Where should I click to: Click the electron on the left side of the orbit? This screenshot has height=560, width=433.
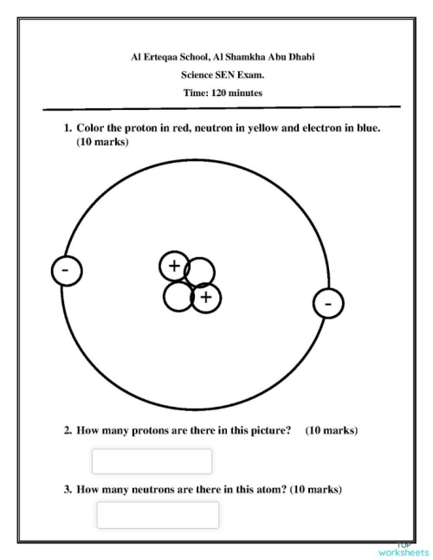coord(66,270)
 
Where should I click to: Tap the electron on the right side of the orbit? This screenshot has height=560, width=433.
coord(327,304)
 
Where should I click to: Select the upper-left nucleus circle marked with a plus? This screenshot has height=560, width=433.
coord(174,266)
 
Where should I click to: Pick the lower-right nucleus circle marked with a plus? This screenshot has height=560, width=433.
coord(205,299)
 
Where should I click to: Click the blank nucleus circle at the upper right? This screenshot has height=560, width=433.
coord(200,272)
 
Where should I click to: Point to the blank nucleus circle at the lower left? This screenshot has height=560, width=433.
coord(178,297)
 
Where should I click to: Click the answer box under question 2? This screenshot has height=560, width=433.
coord(152,461)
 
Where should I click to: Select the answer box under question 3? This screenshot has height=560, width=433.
coord(158,515)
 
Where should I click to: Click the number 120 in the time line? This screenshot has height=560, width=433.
coord(217,93)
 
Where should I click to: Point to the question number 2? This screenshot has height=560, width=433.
coord(67,430)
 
